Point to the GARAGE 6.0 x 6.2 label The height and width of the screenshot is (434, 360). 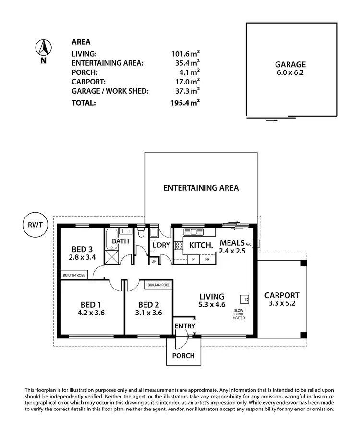coord(290,69)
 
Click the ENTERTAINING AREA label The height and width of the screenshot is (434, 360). coord(201,188)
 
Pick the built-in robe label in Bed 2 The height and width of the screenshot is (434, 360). coord(159,285)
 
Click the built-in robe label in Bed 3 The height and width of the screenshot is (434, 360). coord(74,275)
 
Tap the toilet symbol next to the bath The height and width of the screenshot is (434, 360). coord(141,233)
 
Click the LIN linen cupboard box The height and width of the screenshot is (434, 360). coord(154,261)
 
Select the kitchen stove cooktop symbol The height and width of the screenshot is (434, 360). coord(179,247)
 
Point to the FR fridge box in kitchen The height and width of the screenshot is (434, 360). coord(207,259)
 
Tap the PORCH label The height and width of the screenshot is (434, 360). coord(183,356)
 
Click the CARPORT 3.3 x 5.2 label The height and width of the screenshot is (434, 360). coord(282,300)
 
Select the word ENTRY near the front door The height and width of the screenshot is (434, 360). coord(185,326)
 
